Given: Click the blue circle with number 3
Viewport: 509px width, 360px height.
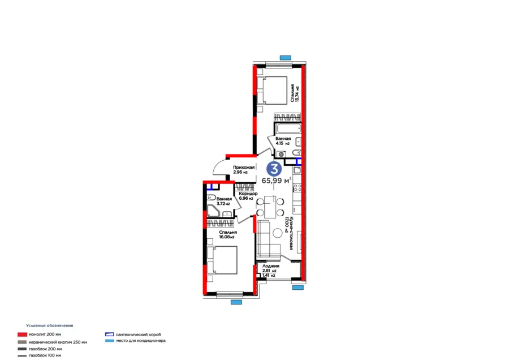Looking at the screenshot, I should coord(274,168).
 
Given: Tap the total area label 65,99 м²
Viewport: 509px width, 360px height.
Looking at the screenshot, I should coord(277,181).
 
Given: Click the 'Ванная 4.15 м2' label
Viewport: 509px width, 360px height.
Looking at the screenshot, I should coord(283,141).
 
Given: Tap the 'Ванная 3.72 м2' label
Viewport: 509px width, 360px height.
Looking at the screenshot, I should coord(223,201).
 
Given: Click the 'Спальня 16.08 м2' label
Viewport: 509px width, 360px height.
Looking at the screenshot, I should coord(228,234).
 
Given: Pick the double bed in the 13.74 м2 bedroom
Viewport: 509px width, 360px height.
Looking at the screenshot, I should coord(273,89).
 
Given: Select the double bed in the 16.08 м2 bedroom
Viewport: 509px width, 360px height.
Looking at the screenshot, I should coord(222,260).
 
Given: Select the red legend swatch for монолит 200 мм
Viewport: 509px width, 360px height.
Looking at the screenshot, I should coord(22,335).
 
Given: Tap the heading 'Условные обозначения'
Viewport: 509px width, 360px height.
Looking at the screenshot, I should coord(50,325).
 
